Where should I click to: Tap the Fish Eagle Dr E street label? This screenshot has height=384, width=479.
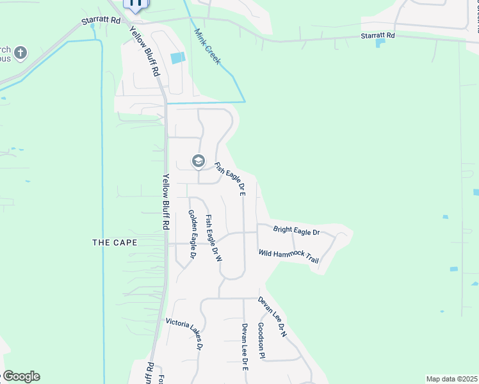click(231, 179)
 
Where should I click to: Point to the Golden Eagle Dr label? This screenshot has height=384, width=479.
click(191, 234)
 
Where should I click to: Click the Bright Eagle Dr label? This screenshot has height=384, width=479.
click(296, 231)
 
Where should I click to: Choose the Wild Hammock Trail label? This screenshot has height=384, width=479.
click(289, 257)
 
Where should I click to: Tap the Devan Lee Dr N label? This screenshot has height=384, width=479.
click(272, 317)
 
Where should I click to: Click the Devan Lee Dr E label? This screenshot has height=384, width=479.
click(245, 348)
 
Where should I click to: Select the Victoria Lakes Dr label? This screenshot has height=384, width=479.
click(184, 333)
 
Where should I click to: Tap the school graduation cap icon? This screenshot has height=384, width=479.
click(199, 161)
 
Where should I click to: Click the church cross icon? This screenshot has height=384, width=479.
click(20, 52)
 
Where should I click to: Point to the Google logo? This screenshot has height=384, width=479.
click(20, 376)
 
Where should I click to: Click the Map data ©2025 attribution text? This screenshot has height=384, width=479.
click(451, 379)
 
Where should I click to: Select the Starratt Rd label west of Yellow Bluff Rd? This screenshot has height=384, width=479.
click(101, 20)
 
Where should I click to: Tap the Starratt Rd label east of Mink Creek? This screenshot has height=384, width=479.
click(378, 36)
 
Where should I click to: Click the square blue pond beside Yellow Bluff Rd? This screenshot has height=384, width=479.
click(177, 58)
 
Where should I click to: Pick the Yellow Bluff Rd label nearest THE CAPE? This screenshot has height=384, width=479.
click(165, 202)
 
